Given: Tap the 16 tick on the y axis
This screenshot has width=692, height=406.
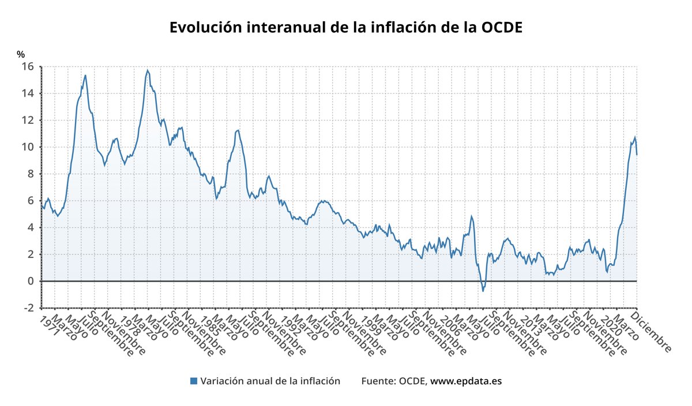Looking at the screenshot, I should click(28, 66).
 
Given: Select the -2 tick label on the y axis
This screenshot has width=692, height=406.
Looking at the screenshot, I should click(28, 308).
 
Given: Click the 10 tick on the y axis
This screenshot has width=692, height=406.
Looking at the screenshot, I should click(28, 147).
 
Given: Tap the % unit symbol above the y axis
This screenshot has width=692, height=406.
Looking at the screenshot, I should click(21, 55).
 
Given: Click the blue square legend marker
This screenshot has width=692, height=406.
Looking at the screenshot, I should click(194, 381).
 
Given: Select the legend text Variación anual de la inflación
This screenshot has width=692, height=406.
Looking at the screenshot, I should click(270, 381).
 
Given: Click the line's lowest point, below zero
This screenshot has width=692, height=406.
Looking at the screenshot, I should click(483, 291).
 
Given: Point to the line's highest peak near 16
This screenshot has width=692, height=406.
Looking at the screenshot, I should click(148, 70).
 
